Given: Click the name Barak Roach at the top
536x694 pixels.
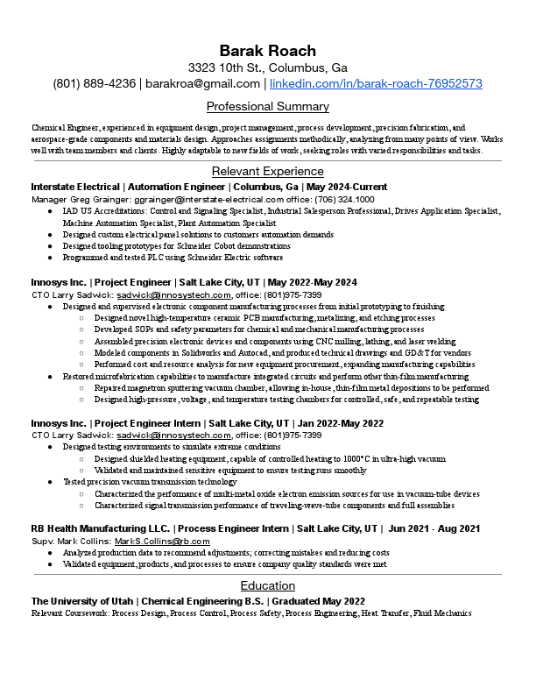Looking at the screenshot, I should coord(268,50).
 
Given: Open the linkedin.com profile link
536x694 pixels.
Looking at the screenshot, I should coord(376,83).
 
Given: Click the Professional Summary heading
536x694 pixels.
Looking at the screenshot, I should coord(268,107).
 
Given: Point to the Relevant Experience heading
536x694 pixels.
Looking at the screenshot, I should coord(268,171).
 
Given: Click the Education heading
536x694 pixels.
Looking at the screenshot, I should coord(268,585).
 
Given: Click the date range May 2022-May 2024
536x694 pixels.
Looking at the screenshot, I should coord(312,282).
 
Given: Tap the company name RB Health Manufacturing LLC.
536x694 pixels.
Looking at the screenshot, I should coord(99,528).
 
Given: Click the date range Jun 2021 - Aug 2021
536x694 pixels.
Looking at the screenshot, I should coord(434,528).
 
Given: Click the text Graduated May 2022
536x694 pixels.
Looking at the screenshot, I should coord(318,601).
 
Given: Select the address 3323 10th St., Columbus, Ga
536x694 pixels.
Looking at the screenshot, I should coord(268,67).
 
